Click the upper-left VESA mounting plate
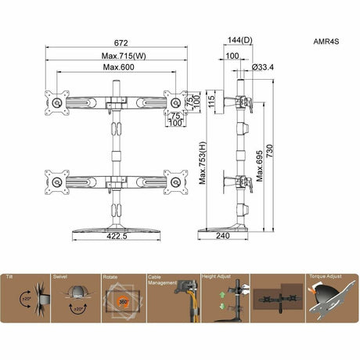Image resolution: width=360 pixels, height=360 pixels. pyautogui.click(x=56, y=102)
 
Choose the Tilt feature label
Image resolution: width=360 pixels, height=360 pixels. pyautogui.click(x=9, y=277)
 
